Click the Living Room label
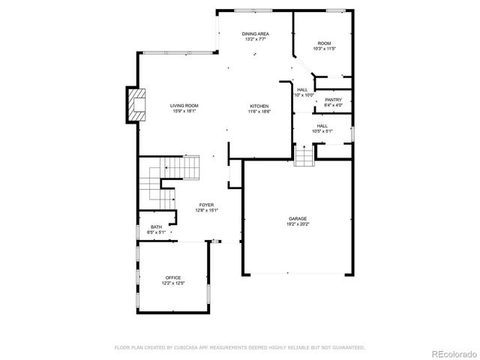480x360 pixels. click(184, 106)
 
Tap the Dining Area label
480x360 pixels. click(256, 34)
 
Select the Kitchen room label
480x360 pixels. click(259, 106)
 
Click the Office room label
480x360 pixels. click(173, 278)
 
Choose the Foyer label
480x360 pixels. click(206, 204)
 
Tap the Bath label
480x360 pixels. click(156, 227)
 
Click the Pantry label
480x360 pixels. click(334, 100)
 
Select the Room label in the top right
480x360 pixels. click(324, 43)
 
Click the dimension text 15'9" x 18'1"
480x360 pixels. click(184, 112)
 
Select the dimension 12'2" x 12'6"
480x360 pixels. click(173, 283)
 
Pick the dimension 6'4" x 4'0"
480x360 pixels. click(334, 106)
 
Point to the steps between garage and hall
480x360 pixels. click(302, 157)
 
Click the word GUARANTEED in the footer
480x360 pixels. click(347, 348)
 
